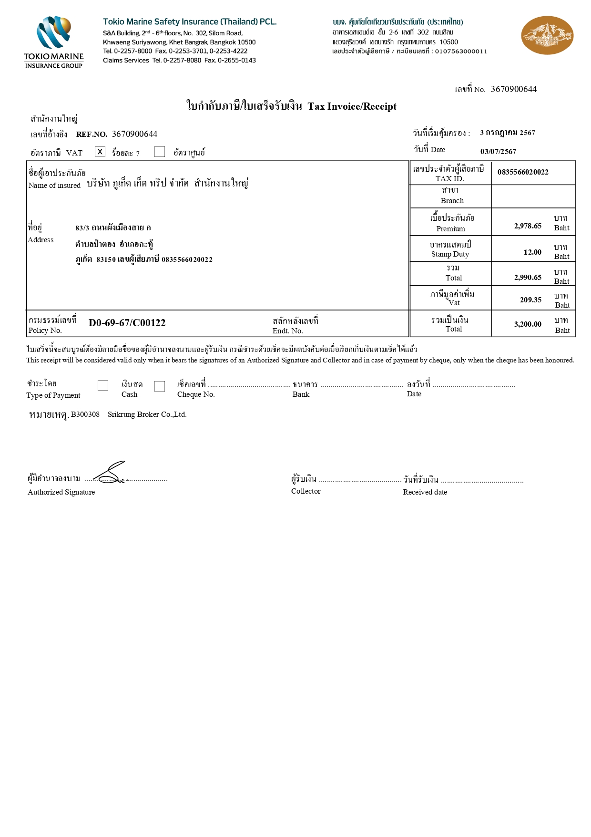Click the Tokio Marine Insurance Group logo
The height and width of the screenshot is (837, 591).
(54, 42)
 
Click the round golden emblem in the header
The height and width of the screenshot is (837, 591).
(547, 35)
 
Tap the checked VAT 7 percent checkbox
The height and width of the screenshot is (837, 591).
(100, 152)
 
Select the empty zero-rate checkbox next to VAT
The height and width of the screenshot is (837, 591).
(160, 152)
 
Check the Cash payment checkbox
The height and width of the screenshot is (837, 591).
(103, 385)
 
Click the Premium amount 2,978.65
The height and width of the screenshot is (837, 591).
(528, 226)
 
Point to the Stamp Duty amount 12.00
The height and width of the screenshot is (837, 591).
(532, 252)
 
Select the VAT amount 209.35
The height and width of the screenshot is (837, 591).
(530, 300)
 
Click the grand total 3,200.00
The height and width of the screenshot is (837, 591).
(528, 324)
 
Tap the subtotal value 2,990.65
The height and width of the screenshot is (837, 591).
(528, 278)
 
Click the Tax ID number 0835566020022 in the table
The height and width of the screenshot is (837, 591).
(523, 172)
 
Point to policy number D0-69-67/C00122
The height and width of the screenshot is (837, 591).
(127, 323)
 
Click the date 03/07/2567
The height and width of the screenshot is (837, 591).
(498, 152)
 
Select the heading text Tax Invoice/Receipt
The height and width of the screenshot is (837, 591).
(352, 106)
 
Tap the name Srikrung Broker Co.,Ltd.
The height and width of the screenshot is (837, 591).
(147, 414)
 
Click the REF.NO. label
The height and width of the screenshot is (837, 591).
(92, 134)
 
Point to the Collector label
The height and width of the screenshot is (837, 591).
(306, 491)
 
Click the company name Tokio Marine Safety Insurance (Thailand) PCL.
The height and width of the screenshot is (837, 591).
(190, 22)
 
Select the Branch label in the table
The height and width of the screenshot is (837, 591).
(452, 201)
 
